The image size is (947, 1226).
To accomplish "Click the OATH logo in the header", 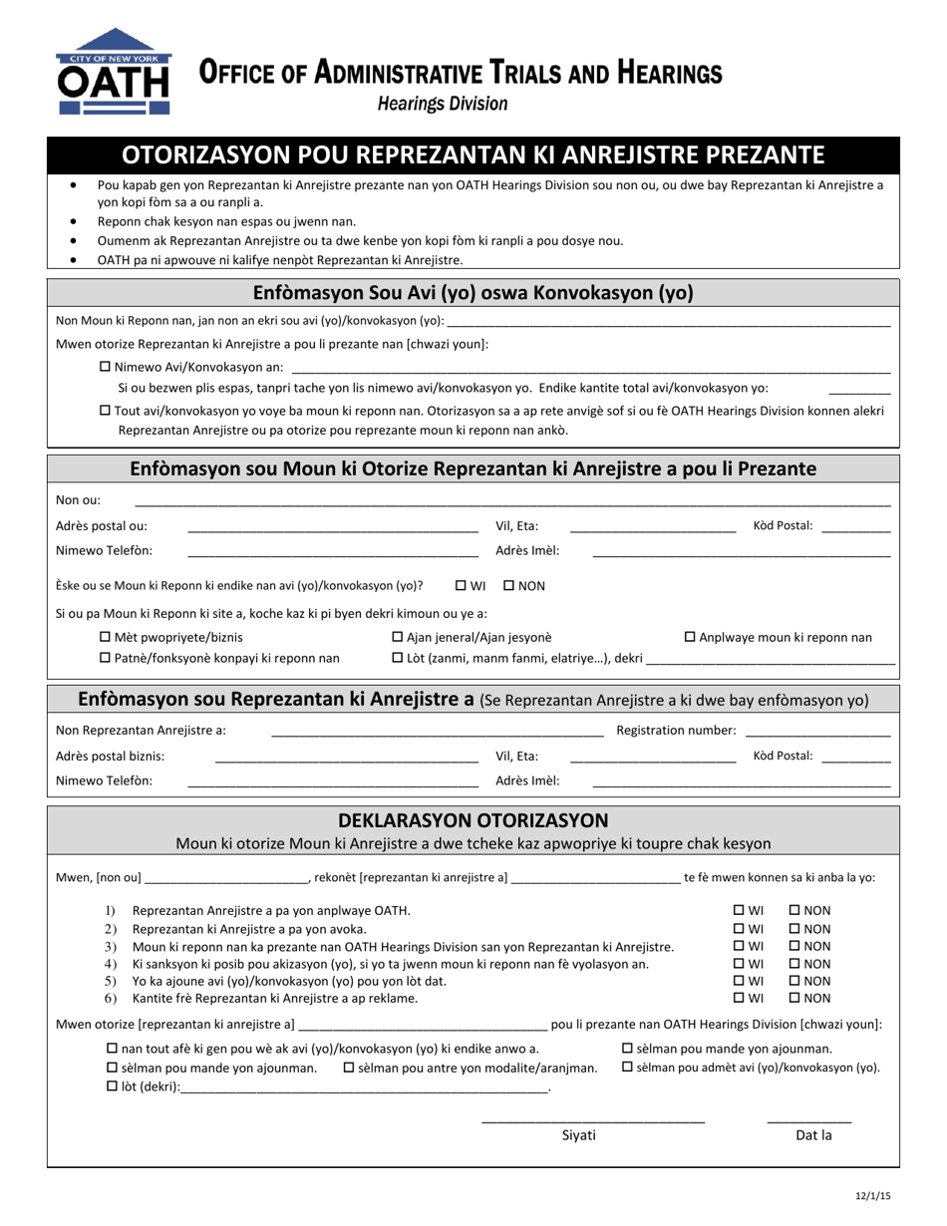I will click(x=114, y=73).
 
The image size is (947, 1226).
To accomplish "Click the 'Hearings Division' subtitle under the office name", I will click(x=443, y=104).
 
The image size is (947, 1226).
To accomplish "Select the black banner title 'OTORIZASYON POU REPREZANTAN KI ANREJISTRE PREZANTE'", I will click(x=473, y=154).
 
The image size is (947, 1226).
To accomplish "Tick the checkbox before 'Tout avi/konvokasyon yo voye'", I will click(x=107, y=410).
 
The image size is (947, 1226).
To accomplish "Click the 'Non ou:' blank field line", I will click(x=511, y=500).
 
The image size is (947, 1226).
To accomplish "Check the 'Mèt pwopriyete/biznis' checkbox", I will click(x=107, y=637).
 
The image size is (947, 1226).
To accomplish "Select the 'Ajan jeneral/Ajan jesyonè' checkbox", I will click(x=398, y=637).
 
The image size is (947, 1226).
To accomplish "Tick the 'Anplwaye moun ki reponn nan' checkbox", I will click(x=689, y=637).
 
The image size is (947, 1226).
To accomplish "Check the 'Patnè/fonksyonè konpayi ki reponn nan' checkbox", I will click(x=107, y=658).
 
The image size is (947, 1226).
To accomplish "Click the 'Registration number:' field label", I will click(x=676, y=731).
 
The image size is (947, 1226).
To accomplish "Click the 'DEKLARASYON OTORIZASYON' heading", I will click(x=473, y=820).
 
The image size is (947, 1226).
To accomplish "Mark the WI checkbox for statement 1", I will click(x=739, y=910).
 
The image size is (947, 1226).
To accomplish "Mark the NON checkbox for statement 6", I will click(x=794, y=998).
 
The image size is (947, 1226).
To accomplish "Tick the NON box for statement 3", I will click(x=794, y=946).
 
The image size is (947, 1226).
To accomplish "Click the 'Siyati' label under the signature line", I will click(x=579, y=1135).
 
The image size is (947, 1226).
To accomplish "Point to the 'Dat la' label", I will click(x=812, y=1135).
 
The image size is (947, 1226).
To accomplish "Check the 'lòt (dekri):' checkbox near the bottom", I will click(x=112, y=1087).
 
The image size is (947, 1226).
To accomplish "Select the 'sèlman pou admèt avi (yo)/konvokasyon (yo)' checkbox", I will click(x=628, y=1068).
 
